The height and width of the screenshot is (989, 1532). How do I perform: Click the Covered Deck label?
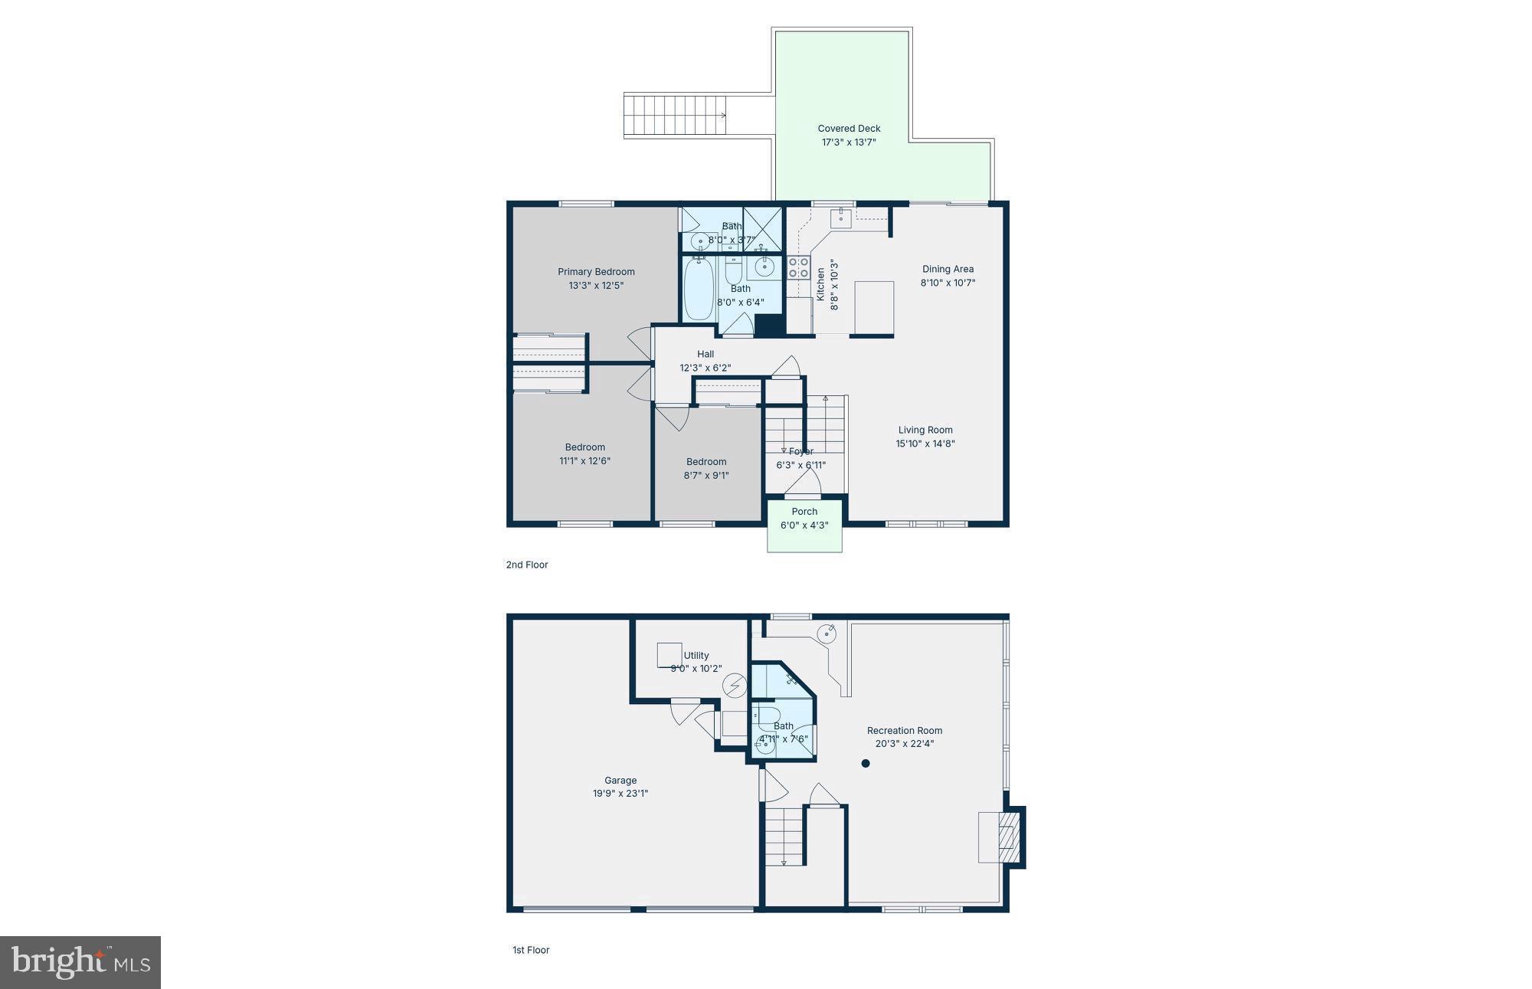[849, 129]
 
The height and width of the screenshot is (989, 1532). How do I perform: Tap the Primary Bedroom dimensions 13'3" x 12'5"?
[596, 286]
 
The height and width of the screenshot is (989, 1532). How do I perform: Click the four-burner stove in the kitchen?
[798, 267]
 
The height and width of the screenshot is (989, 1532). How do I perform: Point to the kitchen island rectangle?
[874, 308]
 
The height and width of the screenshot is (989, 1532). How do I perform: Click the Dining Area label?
[948, 269]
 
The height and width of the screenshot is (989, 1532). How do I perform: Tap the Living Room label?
[925, 430]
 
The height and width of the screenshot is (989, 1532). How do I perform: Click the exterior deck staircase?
[674, 116]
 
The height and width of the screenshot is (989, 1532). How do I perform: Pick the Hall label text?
[705, 354]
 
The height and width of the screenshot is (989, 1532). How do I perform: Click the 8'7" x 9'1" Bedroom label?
[706, 468]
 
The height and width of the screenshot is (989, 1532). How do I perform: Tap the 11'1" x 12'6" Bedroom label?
[584, 454]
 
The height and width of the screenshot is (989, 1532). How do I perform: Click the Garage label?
[620, 781]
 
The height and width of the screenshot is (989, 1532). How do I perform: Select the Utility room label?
[696, 655]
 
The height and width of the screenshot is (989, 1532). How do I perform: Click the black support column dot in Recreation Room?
[866, 763]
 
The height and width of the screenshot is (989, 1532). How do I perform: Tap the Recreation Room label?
[905, 730]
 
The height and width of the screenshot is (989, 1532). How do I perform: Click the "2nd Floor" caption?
[527, 565]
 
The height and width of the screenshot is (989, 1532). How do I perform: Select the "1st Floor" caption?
[531, 950]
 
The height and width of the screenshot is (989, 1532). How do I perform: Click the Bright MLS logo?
[80, 962]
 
